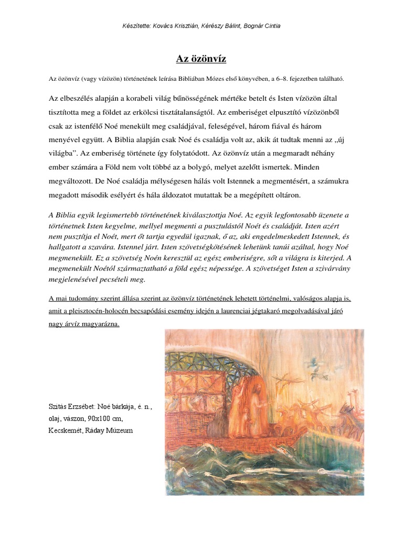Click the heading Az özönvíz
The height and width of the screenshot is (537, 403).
coord(201,59)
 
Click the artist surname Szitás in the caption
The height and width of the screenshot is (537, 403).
coord(58,406)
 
